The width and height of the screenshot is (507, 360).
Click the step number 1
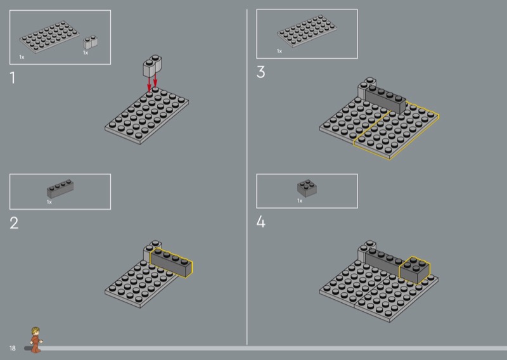13,78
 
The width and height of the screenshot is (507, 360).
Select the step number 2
14,223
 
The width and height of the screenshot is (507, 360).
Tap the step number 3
260,72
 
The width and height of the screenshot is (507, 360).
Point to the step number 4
260,222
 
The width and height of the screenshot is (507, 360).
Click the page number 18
12,349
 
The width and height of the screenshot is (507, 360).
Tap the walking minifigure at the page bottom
35,340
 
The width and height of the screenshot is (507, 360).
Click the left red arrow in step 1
149,84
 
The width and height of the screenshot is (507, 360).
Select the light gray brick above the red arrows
152,66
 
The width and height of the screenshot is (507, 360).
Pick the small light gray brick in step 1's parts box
90,42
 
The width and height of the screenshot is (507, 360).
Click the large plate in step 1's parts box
49,37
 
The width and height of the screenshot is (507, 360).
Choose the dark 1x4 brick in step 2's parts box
60,189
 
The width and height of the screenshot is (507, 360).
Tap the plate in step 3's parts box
307,31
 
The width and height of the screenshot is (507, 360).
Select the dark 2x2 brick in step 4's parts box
307,188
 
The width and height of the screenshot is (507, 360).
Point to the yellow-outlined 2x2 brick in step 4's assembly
415,270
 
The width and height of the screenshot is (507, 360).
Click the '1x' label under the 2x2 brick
300,201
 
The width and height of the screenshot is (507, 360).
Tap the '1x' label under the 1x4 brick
49,202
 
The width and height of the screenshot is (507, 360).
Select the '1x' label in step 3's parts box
279,51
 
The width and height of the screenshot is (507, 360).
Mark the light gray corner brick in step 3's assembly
365,87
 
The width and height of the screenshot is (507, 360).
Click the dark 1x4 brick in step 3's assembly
385,100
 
